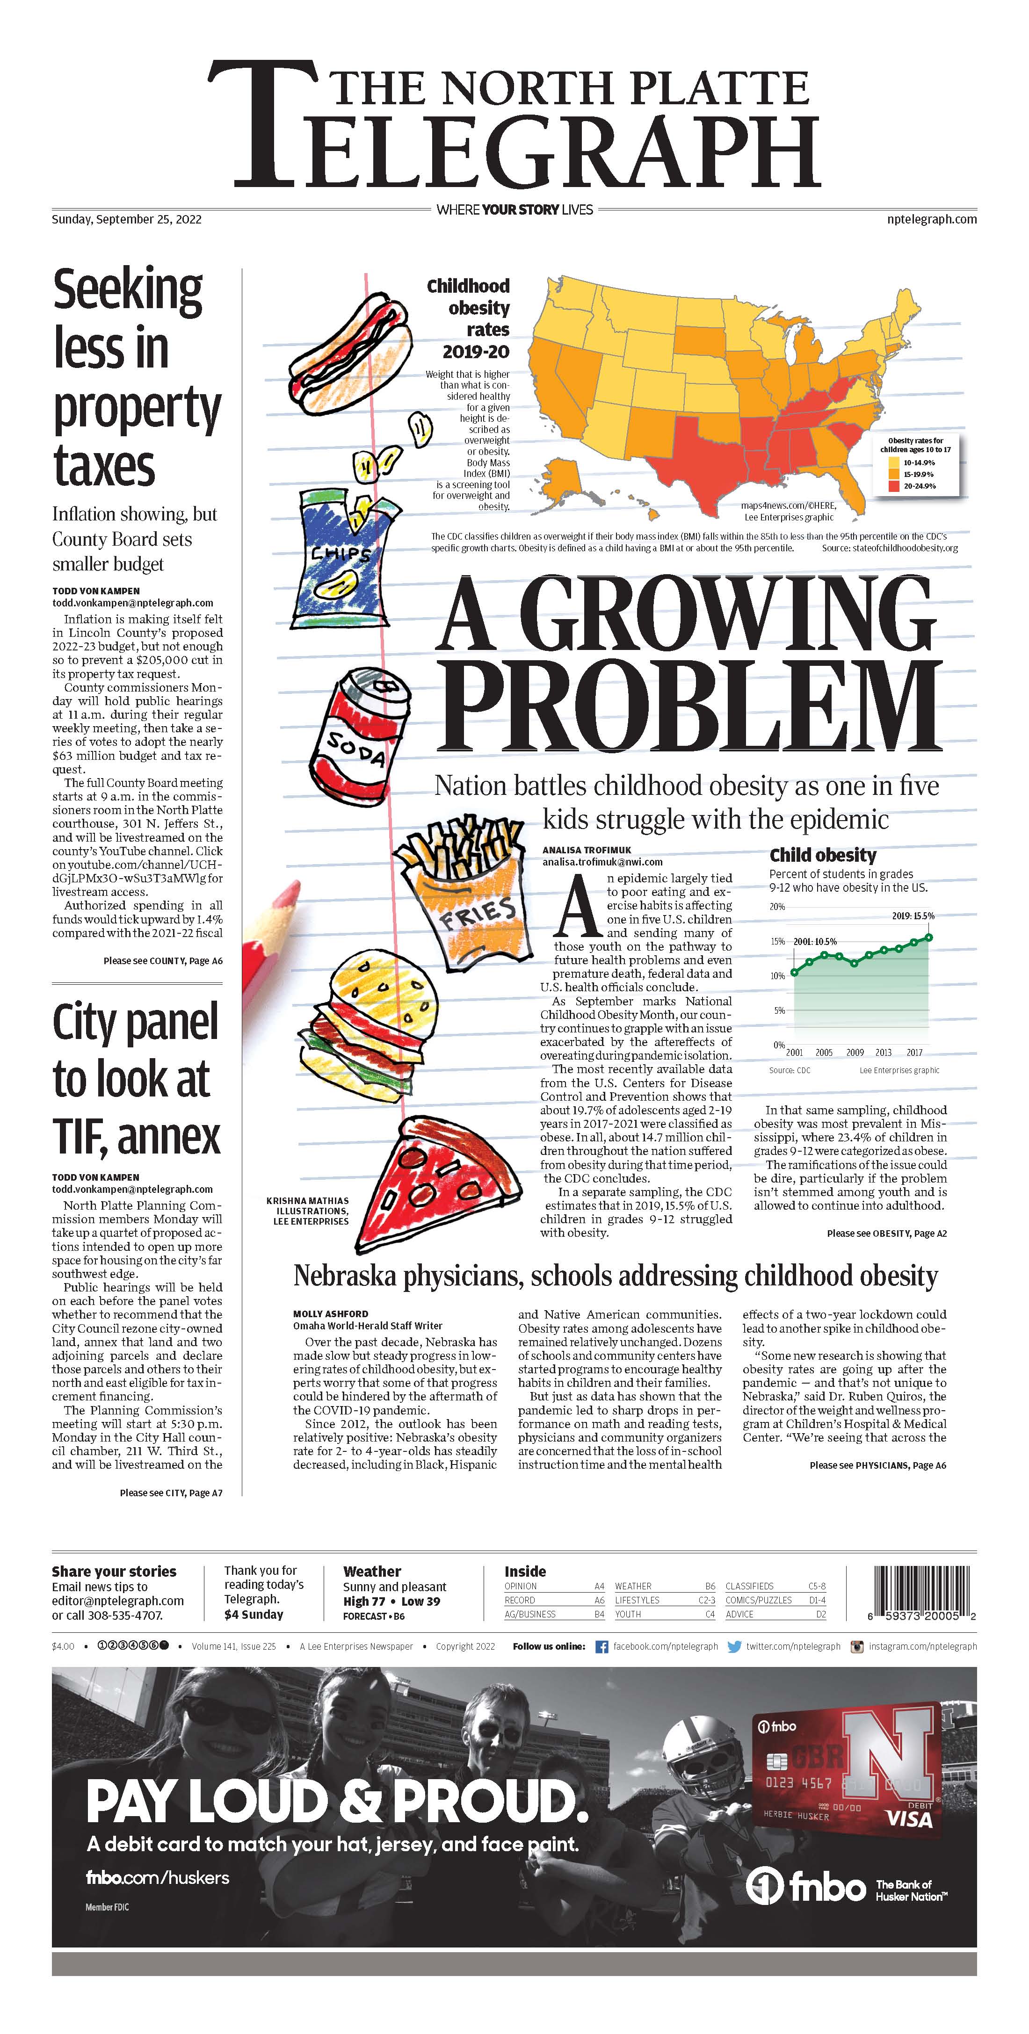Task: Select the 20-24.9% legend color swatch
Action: [x=893, y=486]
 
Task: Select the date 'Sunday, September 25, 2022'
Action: [x=126, y=219]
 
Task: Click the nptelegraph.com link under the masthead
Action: [x=932, y=219]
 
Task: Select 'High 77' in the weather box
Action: [x=364, y=1601]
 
